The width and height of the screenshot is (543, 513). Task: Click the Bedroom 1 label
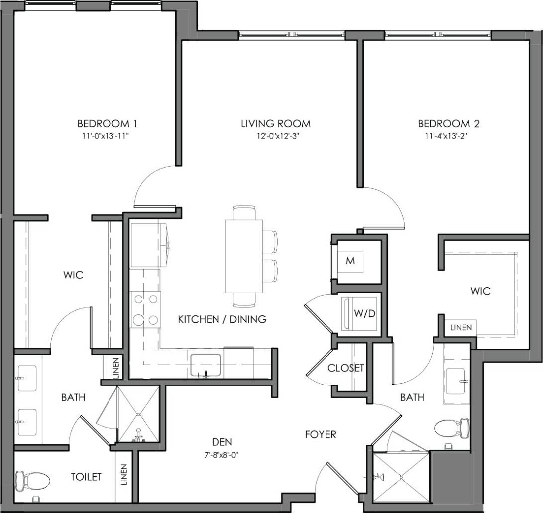107,123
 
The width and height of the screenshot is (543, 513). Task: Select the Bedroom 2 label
448,123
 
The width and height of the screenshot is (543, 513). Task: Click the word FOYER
321,435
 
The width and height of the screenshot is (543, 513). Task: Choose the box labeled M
350,261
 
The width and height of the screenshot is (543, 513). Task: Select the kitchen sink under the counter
206,366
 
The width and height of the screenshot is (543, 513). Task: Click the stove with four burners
145,309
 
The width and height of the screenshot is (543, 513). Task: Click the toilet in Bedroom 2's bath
452,427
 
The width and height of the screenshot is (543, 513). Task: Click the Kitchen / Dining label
222,319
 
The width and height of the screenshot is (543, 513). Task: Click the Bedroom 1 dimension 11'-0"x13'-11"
107,135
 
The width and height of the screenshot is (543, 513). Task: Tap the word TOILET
86,477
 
